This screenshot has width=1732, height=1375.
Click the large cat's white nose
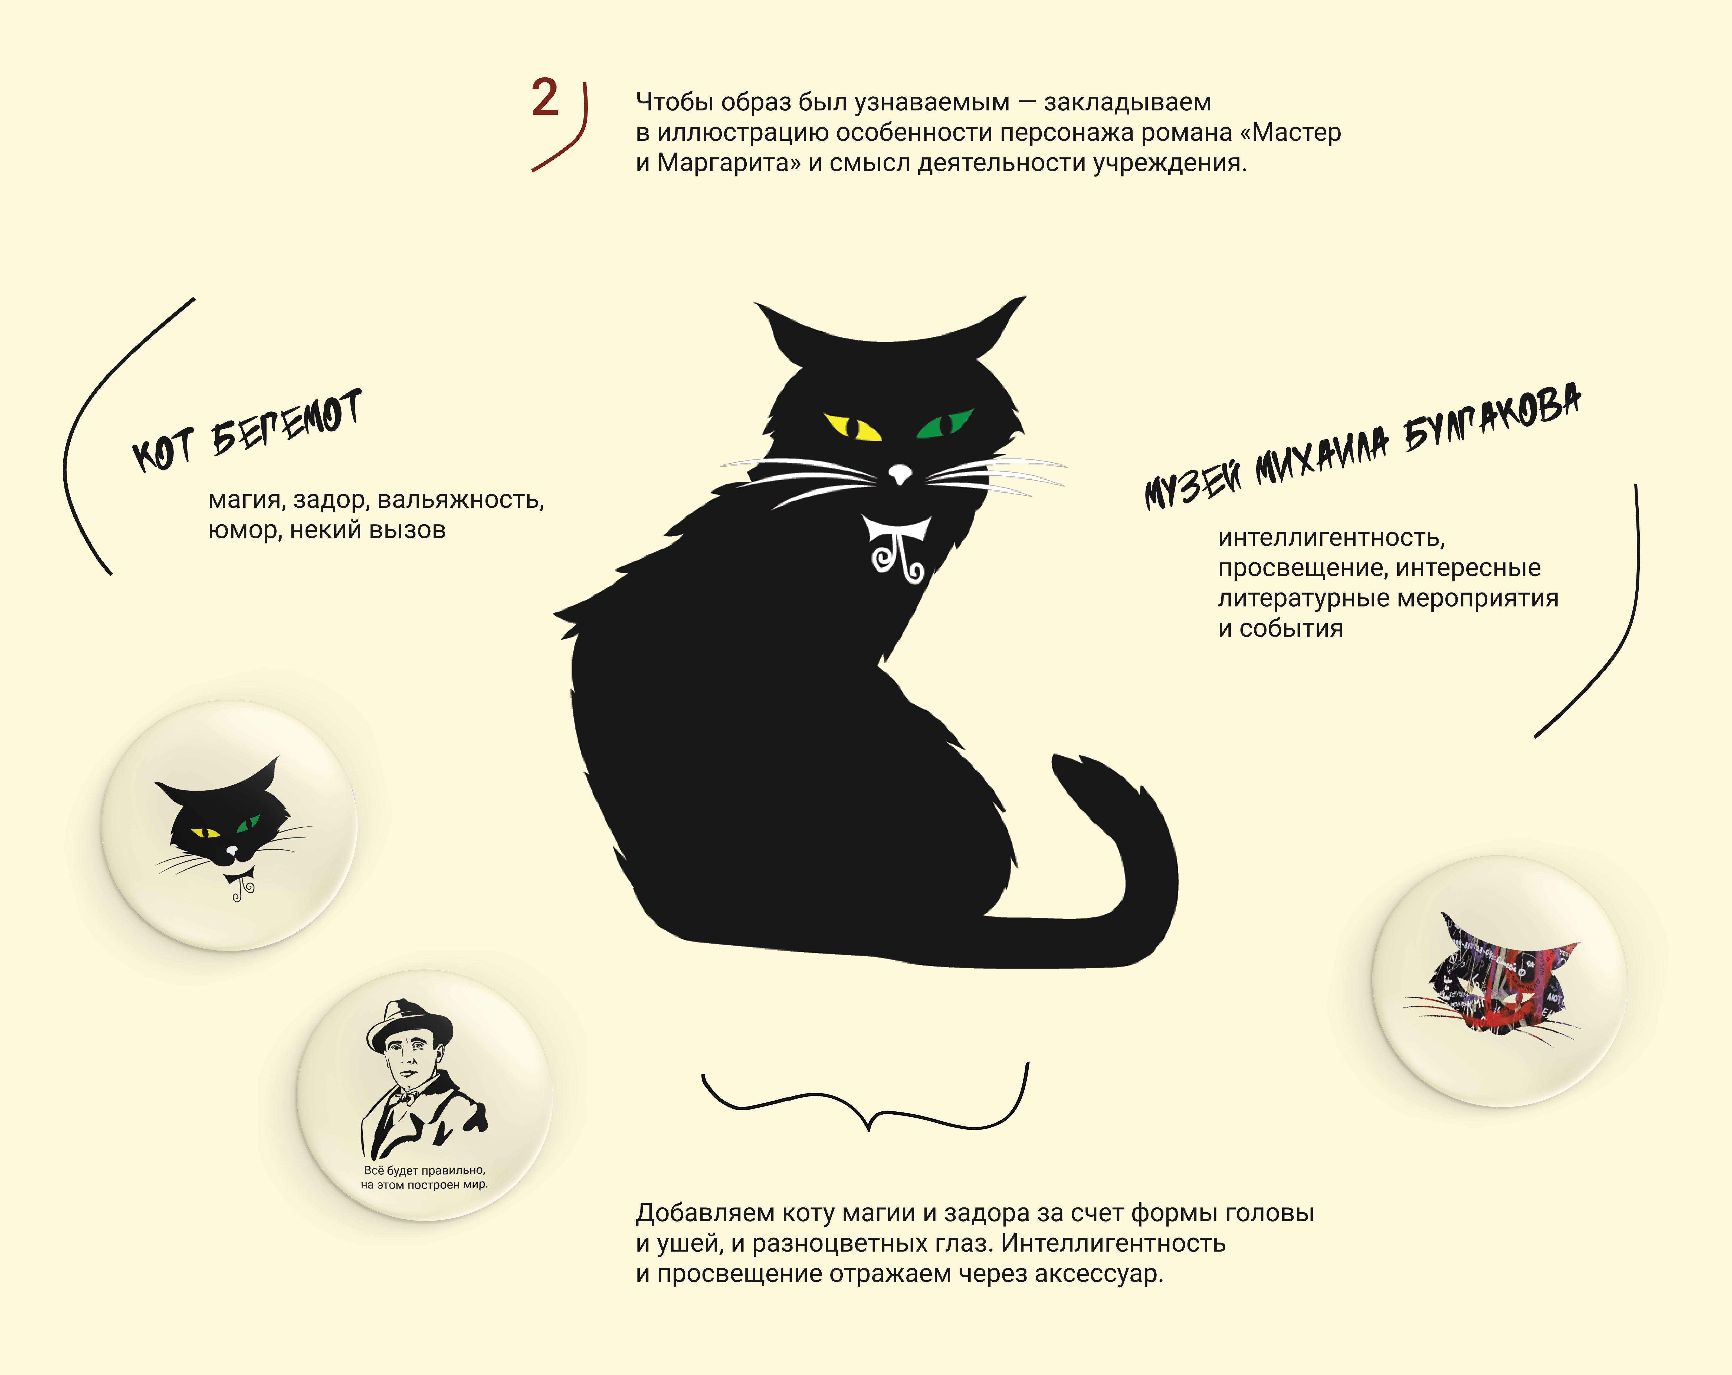click(x=901, y=474)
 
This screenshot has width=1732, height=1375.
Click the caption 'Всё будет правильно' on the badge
click(x=424, y=1170)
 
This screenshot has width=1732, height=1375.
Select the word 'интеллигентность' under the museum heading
click(x=1331, y=538)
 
